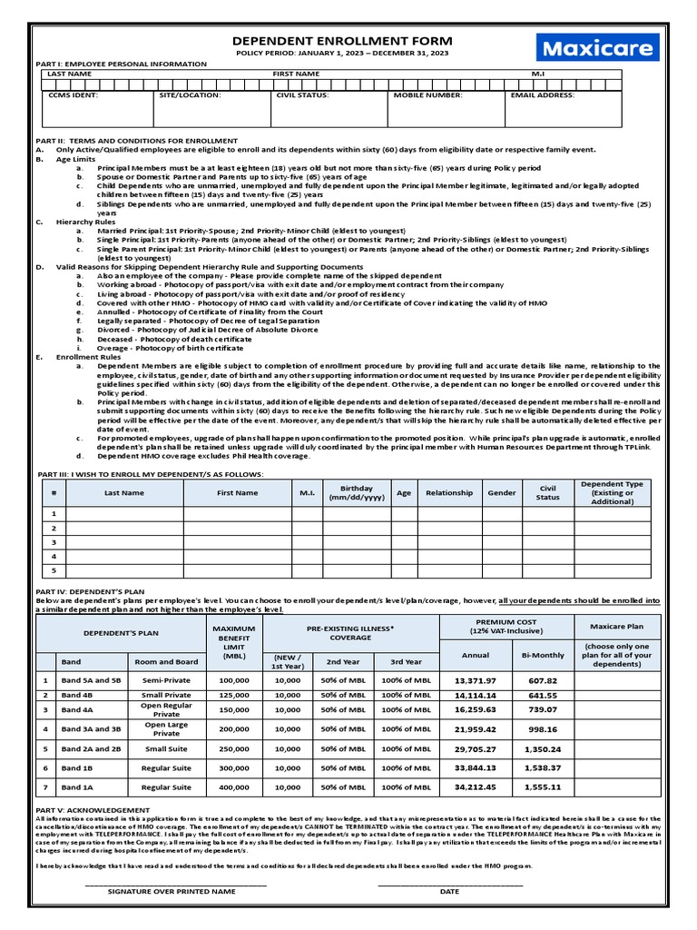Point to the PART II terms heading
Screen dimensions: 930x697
(136, 141)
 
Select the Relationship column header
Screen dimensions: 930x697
(449, 493)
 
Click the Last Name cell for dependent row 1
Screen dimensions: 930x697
(124, 513)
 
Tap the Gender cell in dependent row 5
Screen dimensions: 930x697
(502, 570)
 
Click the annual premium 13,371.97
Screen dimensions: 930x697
(476, 680)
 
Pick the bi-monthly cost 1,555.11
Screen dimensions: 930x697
(543, 787)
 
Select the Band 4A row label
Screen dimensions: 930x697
(78, 709)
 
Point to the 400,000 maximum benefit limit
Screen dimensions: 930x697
(233, 787)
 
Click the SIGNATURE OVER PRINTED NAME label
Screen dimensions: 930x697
(172, 892)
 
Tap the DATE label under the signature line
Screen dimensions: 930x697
(449, 892)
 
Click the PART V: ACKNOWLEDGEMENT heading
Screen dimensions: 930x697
(93, 809)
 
